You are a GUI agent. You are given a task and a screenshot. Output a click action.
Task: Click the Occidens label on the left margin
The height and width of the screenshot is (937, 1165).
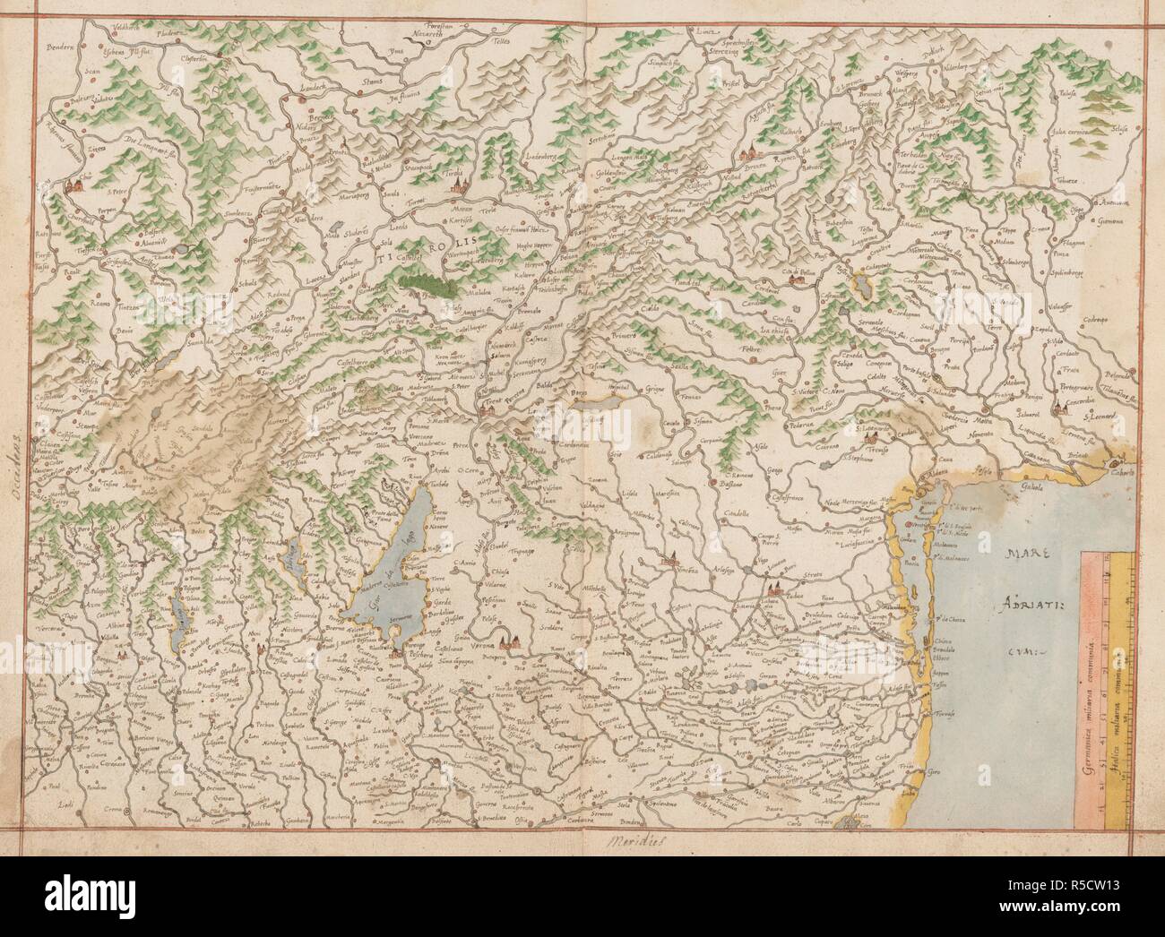point(16,460)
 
